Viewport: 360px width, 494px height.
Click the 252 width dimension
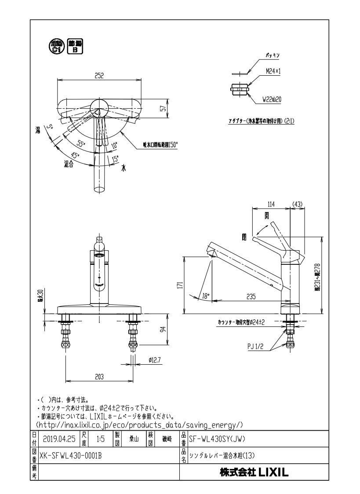99,76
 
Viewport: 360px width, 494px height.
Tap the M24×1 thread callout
273,71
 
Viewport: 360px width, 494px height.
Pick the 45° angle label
75,155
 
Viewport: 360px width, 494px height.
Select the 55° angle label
81,143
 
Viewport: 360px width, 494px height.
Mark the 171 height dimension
180,285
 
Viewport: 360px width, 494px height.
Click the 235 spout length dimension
251,297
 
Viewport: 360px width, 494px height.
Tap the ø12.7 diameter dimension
155,360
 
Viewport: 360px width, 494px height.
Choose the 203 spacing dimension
99,377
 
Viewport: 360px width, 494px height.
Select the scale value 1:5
100,438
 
